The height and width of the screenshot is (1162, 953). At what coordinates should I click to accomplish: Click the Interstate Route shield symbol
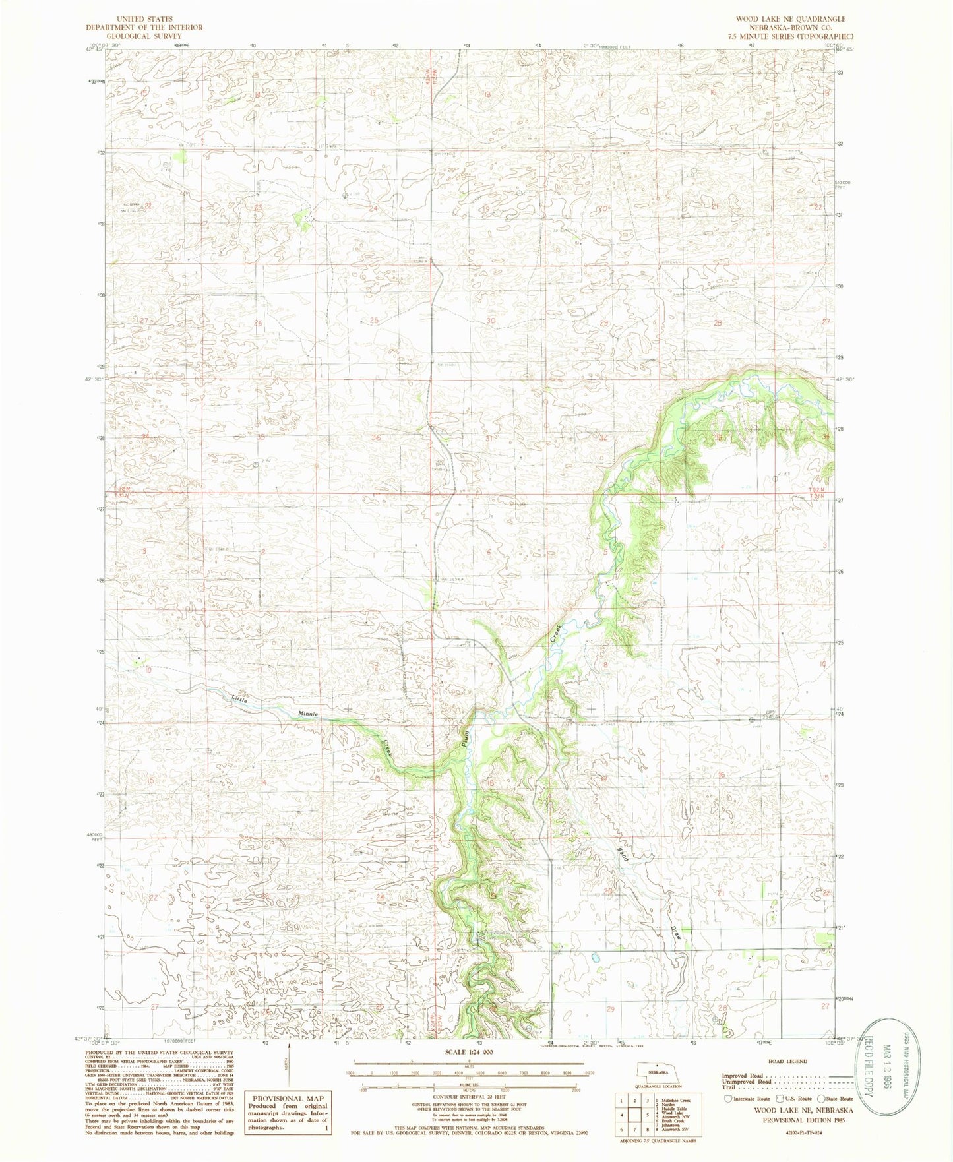[727, 1099]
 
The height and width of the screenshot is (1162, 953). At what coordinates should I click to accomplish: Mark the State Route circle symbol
[821, 1099]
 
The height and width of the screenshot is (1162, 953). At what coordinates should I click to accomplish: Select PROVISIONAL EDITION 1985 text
[807, 1120]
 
